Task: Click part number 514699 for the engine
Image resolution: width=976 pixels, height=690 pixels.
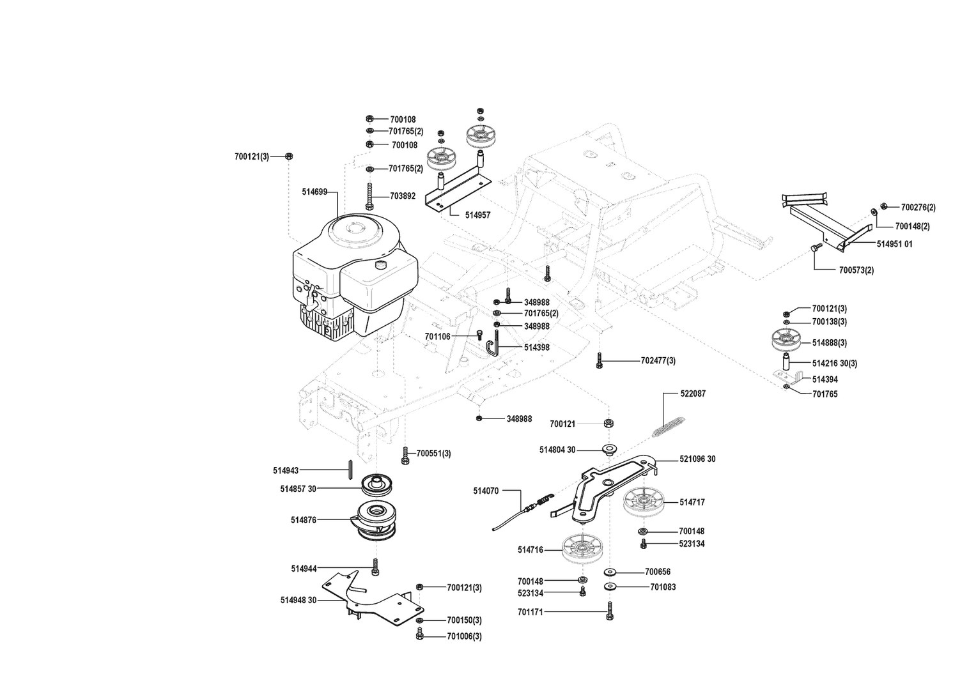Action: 314,191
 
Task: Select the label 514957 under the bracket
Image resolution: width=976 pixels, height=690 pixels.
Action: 477,215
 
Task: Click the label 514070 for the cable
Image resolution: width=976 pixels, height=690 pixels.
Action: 486,491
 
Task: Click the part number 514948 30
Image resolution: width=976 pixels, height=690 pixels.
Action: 298,600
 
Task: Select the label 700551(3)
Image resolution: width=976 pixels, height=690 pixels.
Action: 433,454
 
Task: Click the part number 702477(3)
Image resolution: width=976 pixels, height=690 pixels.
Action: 658,361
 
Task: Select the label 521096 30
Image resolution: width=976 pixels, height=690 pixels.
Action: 697,459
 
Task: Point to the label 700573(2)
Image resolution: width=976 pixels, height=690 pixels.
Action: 856,270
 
